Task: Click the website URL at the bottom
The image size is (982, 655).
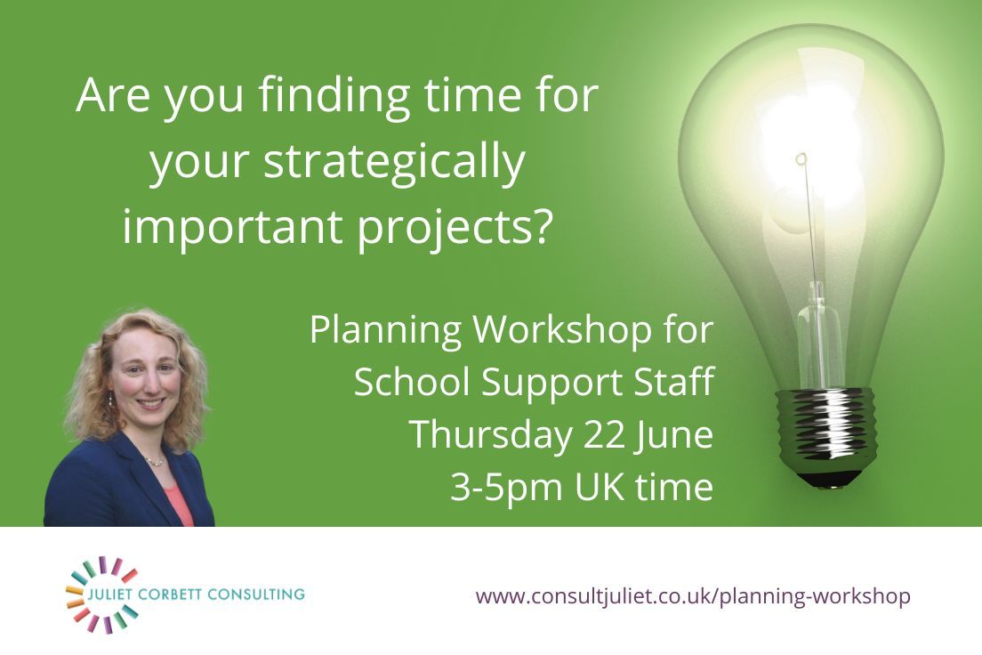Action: [693, 595]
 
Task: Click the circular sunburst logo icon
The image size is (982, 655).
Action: [101, 594]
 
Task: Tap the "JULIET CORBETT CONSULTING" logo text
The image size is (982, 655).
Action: [195, 594]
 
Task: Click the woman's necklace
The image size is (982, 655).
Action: [154, 461]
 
